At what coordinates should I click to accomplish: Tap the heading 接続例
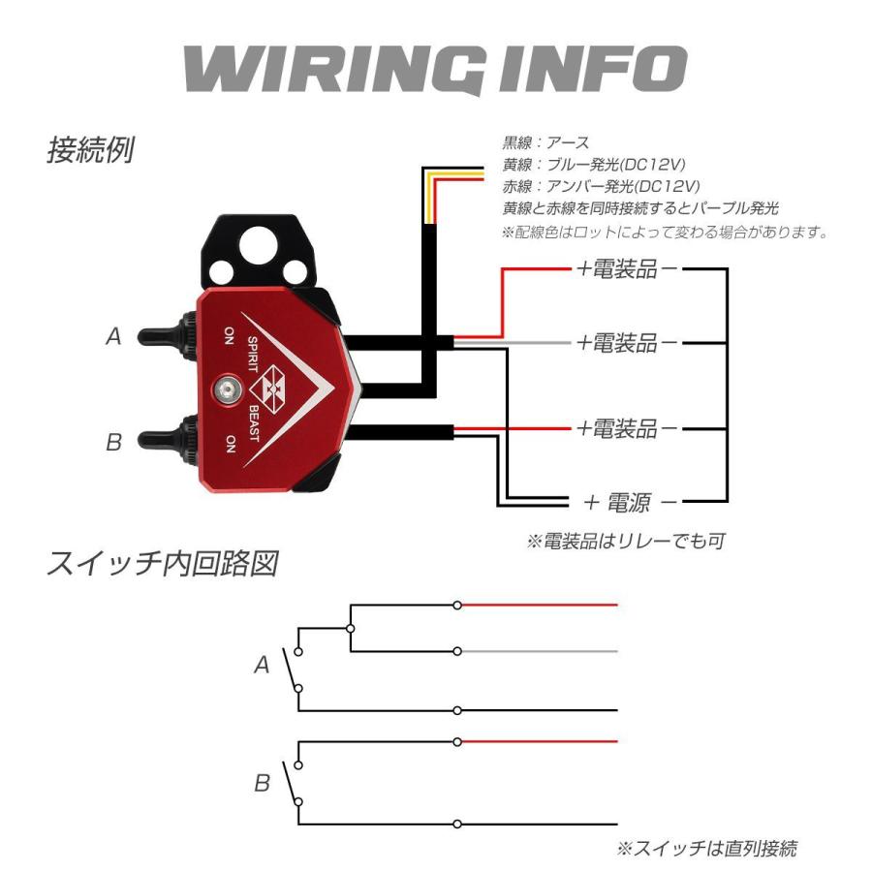[90, 151]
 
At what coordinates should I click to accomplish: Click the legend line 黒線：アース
[545, 143]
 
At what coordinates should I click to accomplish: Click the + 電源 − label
[630, 502]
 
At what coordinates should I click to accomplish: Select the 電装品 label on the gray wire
[630, 342]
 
